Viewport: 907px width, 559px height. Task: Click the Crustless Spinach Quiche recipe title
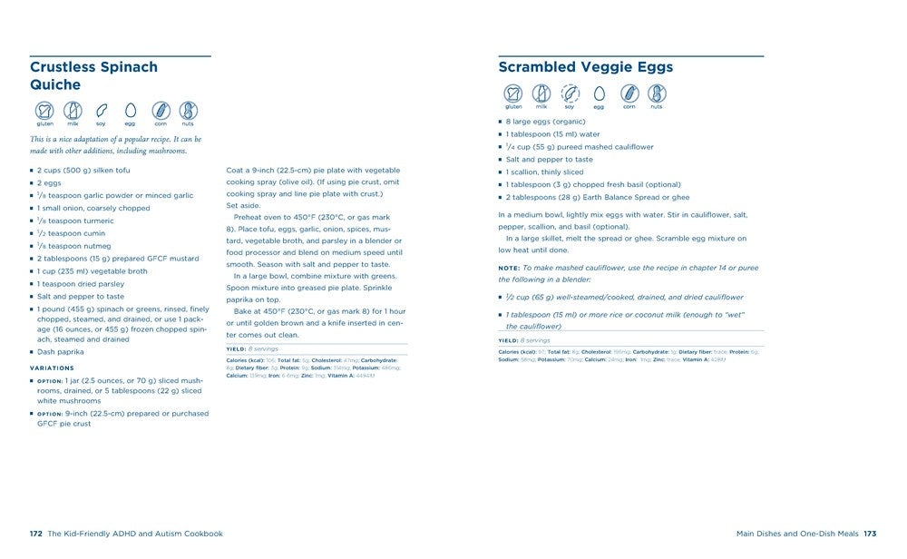(x=93, y=75)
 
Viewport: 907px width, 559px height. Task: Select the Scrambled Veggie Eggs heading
(x=585, y=67)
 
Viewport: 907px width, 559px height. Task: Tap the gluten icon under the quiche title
(x=44, y=110)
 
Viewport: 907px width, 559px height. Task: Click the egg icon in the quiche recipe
(x=130, y=110)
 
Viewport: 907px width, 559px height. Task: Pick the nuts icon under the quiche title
(x=189, y=110)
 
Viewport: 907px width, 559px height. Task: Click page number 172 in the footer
(x=36, y=534)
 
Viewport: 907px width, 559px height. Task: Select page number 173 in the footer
(x=870, y=534)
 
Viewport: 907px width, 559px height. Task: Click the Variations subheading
(x=52, y=368)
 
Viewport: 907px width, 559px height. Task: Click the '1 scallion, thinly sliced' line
(x=544, y=172)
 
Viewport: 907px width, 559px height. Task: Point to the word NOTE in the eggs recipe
(x=508, y=269)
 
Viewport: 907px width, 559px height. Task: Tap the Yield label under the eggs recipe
(x=508, y=340)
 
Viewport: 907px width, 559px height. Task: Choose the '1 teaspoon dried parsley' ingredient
(x=80, y=284)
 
